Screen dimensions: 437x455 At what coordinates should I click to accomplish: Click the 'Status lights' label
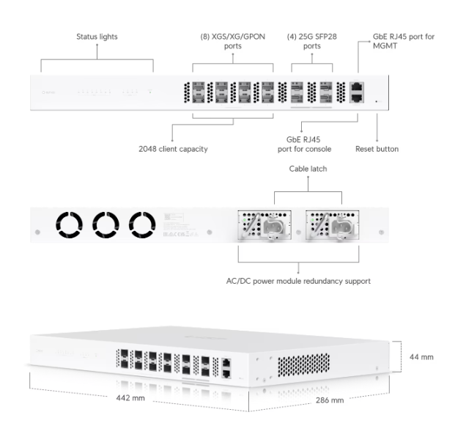(97, 36)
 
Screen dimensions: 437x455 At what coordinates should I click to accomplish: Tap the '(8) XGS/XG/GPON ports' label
(232, 40)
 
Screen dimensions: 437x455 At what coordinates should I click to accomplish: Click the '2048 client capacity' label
(174, 149)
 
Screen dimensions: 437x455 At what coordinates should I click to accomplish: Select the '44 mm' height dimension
(421, 357)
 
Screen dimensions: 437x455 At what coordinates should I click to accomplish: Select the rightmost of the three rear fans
(142, 226)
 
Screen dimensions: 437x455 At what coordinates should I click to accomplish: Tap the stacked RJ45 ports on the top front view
(356, 92)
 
